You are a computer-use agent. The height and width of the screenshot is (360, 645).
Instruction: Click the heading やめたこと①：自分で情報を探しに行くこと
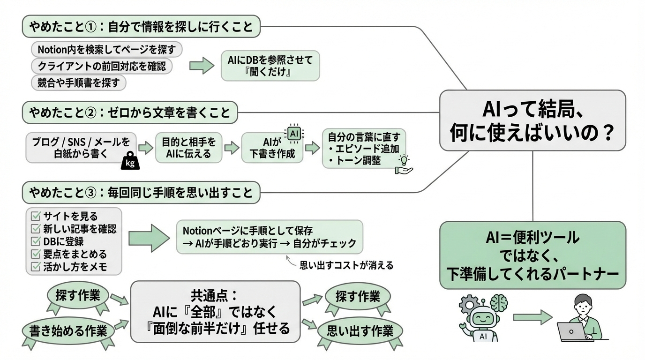tap(141, 27)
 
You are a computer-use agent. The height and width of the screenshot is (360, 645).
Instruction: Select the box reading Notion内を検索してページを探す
tap(106, 49)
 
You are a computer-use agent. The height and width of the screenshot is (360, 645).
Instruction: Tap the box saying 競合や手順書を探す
tap(79, 83)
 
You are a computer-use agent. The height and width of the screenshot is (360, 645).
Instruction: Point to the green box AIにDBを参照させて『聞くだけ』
tap(270, 66)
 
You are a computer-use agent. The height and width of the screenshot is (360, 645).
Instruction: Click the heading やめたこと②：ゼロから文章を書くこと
tap(130, 113)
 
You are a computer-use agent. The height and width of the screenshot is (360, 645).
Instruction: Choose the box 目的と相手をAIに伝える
tap(189, 148)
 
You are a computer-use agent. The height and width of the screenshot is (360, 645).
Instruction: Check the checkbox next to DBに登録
tap(36, 241)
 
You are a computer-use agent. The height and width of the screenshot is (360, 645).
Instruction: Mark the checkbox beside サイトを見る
tap(36, 216)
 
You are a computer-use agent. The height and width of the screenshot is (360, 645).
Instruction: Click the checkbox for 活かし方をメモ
tap(36, 267)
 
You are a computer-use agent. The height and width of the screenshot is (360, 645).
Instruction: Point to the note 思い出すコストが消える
tap(346, 265)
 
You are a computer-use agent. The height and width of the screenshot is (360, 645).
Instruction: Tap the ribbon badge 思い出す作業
tap(360, 331)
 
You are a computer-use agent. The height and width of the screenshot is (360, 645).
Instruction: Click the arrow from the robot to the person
tap(532, 317)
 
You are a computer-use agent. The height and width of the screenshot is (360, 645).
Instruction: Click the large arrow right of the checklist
tap(149, 238)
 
